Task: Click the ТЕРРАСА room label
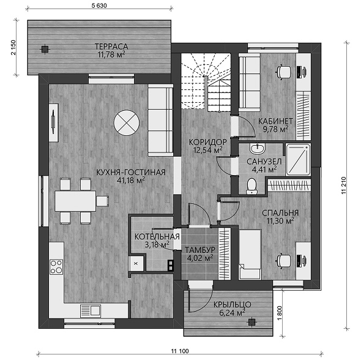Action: pos(111,47)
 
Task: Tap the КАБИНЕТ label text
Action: pos(275,121)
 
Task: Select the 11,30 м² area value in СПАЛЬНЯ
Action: pos(280,221)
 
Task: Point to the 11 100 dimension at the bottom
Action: pos(180,351)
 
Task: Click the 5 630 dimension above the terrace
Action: pos(99,6)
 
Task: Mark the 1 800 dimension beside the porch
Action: pos(280,313)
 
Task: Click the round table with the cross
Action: pos(127,122)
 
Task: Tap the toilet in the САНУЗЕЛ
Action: pos(251,187)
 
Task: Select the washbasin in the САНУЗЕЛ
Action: pos(258,149)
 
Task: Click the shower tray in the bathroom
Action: pos(298,160)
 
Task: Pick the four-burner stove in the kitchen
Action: pos(56,267)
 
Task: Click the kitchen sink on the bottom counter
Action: pos(91,310)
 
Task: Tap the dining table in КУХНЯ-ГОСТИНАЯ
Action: pos(75,201)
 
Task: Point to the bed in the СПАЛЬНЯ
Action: pos(250,254)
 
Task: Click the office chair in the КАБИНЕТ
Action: pos(283,72)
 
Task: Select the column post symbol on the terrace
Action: pos(45,49)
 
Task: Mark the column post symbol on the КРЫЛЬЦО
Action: pos(251,323)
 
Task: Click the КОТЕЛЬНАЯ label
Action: pos(157,237)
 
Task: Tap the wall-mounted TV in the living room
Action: pos(53,122)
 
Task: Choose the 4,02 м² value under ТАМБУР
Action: pos(200,258)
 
